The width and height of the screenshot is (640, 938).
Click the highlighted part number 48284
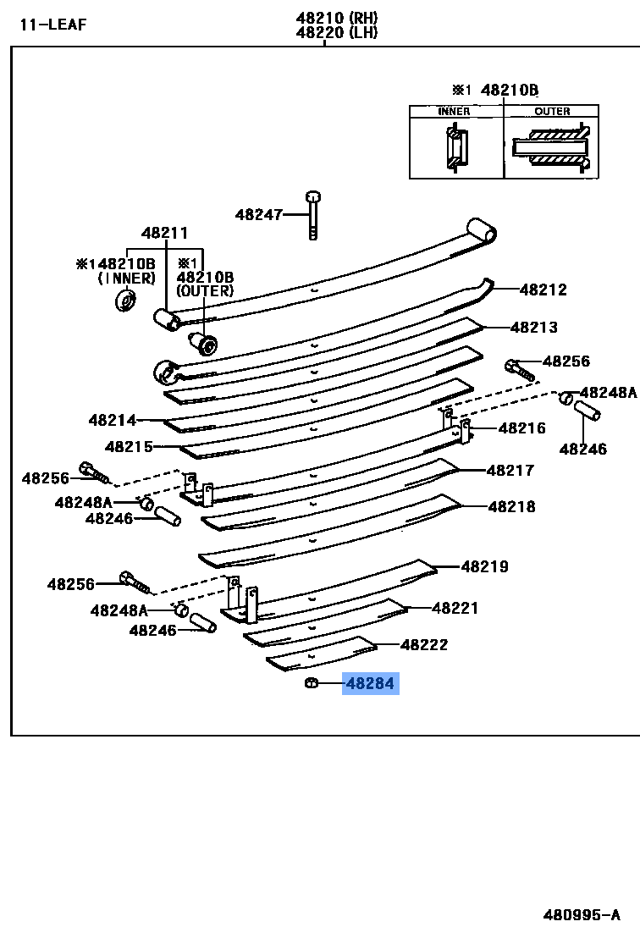pyautogui.click(x=370, y=683)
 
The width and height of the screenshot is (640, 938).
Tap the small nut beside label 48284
pyautogui.click(x=311, y=683)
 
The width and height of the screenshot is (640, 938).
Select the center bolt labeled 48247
pyautogui.click(x=313, y=215)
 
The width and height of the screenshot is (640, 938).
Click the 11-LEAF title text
pyautogui.click(x=53, y=24)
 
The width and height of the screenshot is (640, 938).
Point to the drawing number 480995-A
pyautogui.click(x=582, y=914)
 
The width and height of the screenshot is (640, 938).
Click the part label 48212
pyautogui.click(x=543, y=290)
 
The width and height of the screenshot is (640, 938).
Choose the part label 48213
pyautogui.click(x=534, y=328)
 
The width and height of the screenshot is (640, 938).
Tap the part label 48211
pyautogui.click(x=164, y=234)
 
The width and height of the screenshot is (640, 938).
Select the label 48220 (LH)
pyautogui.click(x=337, y=33)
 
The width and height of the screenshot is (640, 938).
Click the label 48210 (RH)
pyautogui.click(x=337, y=18)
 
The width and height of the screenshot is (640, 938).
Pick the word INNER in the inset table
pyautogui.click(x=454, y=112)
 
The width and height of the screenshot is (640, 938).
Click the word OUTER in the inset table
pyautogui.click(x=552, y=112)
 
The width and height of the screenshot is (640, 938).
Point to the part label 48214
pyautogui.click(x=112, y=420)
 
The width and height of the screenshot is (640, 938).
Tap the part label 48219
pyautogui.click(x=485, y=566)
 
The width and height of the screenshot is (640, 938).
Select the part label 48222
pyautogui.click(x=424, y=645)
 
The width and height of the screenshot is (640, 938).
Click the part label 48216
pyautogui.click(x=522, y=428)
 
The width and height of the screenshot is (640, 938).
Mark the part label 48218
pyautogui.click(x=511, y=507)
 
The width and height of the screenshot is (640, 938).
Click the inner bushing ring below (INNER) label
pyautogui.click(x=126, y=300)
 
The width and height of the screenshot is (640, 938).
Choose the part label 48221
pyautogui.click(x=455, y=608)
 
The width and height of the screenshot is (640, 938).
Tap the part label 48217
pyautogui.click(x=510, y=471)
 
